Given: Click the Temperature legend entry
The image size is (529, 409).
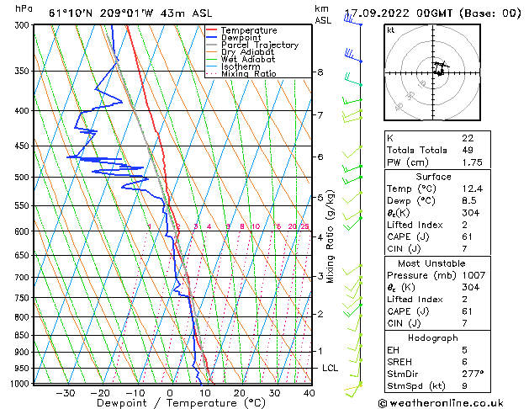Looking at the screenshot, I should point(251,30).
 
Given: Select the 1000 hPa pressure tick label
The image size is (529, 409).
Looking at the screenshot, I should point(19,383).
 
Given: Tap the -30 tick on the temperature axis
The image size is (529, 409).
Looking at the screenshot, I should point(65,393).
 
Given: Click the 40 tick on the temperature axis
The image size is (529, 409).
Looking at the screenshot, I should point(309,393).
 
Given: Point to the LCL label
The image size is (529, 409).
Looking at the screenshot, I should point(331,369).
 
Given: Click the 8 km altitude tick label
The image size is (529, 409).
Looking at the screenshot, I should point(320,72).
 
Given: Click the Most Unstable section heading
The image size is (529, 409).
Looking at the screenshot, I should point(432,263).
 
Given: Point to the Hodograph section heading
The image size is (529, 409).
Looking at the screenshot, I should point(433,337).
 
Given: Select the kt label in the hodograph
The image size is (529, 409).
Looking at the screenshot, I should point(390,30).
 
